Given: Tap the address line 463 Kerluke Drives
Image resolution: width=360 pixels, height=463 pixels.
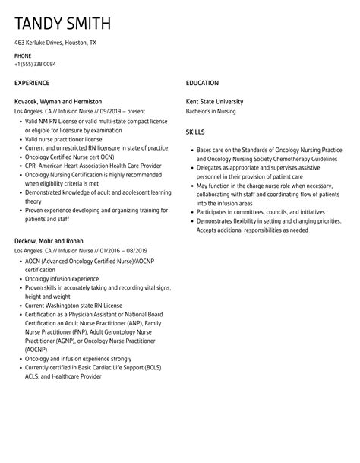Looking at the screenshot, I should (x=55, y=43).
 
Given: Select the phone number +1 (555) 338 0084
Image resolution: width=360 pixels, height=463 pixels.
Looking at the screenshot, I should (x=34, y=64).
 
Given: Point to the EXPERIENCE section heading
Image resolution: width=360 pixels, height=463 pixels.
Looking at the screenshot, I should (x=32, y=83).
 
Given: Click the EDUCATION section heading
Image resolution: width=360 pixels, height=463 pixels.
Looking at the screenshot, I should (x=202, y=83).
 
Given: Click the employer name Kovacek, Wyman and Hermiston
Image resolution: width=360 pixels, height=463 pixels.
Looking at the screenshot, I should (x=58, y=101).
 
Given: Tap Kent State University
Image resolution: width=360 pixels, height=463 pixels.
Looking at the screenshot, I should (x=215, y=101).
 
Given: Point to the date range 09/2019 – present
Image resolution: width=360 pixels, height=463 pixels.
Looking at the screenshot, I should (x=122, y=111).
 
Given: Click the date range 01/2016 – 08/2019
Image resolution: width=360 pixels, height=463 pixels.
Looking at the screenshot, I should (x=122, y=250).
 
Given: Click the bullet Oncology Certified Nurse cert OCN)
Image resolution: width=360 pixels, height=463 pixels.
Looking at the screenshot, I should (x=68, y=157).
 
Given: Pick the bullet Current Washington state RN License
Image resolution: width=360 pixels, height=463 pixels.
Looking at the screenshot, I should (x=72, y=306).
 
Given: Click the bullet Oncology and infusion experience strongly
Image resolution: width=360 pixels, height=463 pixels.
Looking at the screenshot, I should (x=78, y=359).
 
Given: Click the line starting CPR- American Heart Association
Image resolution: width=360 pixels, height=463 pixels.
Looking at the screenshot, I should (x=93, y=166).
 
